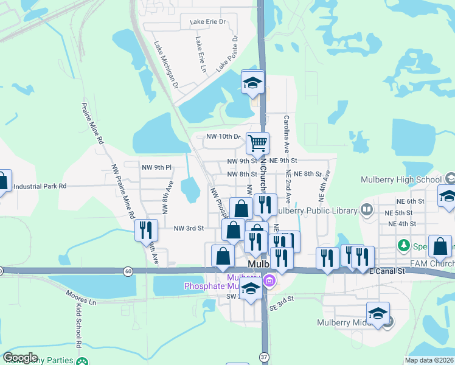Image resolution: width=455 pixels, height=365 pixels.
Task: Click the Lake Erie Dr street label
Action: click(207, 22)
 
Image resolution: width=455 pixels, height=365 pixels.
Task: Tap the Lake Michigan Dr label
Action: click(165, 64)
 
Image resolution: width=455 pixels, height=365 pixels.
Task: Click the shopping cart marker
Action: click(258, 144)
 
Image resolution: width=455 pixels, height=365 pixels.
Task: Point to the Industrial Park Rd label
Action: click(40, 187)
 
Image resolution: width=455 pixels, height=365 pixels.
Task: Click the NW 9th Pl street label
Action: click(157, 167)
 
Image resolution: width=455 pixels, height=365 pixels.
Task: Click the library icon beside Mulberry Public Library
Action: click(366, 210)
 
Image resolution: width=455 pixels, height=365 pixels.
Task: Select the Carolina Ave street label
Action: click(286, 134)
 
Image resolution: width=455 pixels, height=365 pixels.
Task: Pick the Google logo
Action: click(21, 358)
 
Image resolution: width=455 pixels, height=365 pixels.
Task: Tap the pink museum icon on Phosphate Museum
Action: click(269, 281)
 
